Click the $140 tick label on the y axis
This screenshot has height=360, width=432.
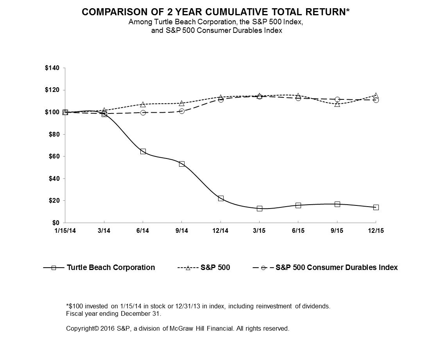pos(52,68)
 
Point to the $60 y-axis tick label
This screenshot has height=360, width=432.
pos(53,157)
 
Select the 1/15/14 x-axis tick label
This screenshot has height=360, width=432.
pos(65,231)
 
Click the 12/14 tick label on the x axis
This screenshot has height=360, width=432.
pos(220,231)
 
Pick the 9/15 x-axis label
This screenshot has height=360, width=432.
pos(337,231)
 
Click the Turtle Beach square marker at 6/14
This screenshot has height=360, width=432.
pos(143,151)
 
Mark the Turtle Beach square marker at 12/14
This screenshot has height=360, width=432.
pos(221,198)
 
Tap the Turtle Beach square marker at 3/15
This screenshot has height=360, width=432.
pos(260,209)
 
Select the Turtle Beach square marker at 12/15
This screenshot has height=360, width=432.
pos(376,207)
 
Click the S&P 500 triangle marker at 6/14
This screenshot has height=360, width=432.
pos(143,104)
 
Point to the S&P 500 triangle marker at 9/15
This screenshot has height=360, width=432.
pos(337,104)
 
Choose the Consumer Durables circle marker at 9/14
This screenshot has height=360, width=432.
pos(182,111)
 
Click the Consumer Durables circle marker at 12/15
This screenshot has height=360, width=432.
pos(376,100)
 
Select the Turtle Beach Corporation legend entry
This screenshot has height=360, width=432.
pos(111,268)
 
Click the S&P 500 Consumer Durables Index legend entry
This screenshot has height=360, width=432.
pos(336,268)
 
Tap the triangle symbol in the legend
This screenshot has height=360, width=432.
pos(188,268)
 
